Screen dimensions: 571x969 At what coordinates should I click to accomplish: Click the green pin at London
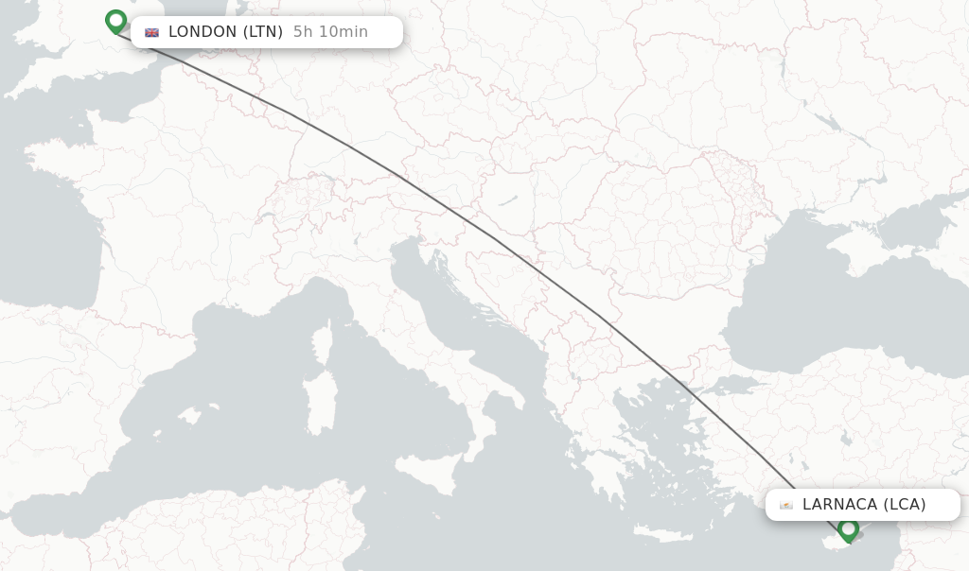pos(115,21)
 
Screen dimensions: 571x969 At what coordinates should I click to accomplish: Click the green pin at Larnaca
pos(849,529)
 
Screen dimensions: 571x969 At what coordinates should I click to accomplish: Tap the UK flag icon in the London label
pos(151,32)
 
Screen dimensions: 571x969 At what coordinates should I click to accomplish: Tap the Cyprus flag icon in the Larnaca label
pos(785,505)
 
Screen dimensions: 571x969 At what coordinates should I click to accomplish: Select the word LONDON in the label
pos(203,32)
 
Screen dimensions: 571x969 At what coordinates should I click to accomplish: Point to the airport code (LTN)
pos(263,32)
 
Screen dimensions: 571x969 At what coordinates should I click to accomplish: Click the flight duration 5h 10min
pos(330,32)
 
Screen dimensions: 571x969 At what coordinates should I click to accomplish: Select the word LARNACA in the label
pos(840,505)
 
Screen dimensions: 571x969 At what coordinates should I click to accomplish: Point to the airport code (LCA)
pos(905,505)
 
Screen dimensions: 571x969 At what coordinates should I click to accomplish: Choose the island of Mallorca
pos(194,416)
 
